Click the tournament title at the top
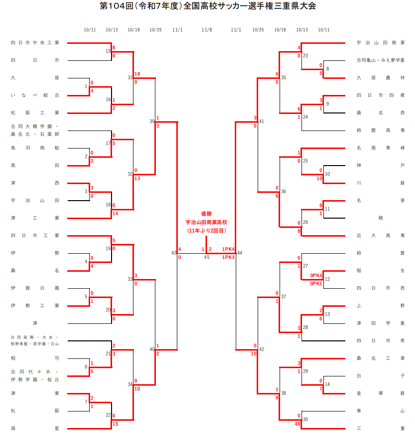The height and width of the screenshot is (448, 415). tap(207, 6)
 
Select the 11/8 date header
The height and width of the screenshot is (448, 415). tap(207, 30)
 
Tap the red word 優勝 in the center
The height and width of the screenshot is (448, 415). tap(207, 214)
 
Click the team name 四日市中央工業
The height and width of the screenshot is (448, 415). tap(35, 43)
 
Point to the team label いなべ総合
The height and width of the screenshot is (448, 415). tap(35, 95)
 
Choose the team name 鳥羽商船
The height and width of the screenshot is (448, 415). tap(35, 148)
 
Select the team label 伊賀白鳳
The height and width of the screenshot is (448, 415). tap(35, 288)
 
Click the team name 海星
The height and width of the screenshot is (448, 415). tap(35, 429)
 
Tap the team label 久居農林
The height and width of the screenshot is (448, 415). tap(380, 78)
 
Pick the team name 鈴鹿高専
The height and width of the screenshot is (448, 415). tap(380, 131)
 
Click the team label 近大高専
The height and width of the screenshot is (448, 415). tap(380, 236)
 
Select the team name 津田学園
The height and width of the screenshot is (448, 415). tap(380, 323)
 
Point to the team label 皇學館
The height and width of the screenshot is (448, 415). tap(380, 393)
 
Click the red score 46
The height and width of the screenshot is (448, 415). tap(297, 424)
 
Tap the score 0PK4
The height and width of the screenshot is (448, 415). tap(317, 275)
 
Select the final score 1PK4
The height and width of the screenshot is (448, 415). tap(228, 249)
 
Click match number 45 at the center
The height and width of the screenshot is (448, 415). tap(207, 257)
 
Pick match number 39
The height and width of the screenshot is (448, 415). tap(152, 121)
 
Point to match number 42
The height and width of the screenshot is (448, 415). tap(262, 349)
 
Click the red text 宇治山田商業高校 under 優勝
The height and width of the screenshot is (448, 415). tap(207, 222)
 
